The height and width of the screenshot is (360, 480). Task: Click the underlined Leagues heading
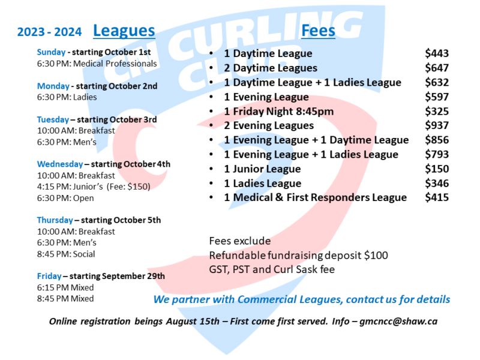point(124,31)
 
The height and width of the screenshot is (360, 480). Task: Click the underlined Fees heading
point(318,31)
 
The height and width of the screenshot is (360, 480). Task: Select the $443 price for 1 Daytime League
point(437,53)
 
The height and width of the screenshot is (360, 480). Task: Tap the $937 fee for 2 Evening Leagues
point(437,125)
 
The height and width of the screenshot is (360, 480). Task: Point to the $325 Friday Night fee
point(437,111)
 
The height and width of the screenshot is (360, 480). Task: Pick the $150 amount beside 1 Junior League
point(437,169)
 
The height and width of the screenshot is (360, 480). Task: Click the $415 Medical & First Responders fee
point(437,197)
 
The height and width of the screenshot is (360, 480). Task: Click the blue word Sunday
point(51,52)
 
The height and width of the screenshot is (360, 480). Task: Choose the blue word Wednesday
point(60,164)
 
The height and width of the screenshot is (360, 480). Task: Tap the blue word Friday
point(49,276)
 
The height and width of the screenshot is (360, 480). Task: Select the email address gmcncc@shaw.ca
point(398,322)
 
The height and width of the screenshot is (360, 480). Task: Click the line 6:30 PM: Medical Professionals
point(97,64)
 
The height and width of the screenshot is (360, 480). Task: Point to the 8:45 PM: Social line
point(66,254)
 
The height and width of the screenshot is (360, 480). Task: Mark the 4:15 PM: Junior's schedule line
point(94,187)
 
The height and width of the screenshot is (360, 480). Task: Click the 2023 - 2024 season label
point(50,32)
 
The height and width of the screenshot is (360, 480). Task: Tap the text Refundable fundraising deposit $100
point(298,256)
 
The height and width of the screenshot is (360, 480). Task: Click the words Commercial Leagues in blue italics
point(290,299)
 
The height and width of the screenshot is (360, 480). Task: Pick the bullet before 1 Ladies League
point(211,184)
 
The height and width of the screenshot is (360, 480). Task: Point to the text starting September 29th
point(117,276)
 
